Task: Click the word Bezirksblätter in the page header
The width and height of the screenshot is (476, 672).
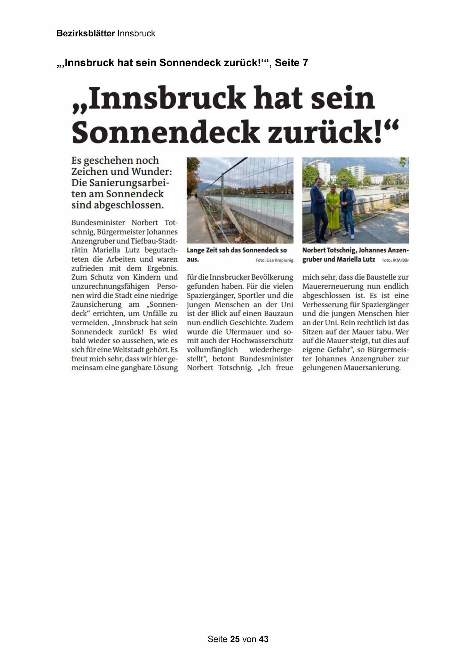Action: [86, 34]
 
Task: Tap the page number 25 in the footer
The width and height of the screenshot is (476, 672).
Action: [235, 639]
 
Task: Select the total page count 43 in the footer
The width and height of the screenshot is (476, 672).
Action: [264, 639]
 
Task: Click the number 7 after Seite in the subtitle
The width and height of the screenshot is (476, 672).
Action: [305, 63]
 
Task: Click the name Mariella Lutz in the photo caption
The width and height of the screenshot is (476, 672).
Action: [356, 259]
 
